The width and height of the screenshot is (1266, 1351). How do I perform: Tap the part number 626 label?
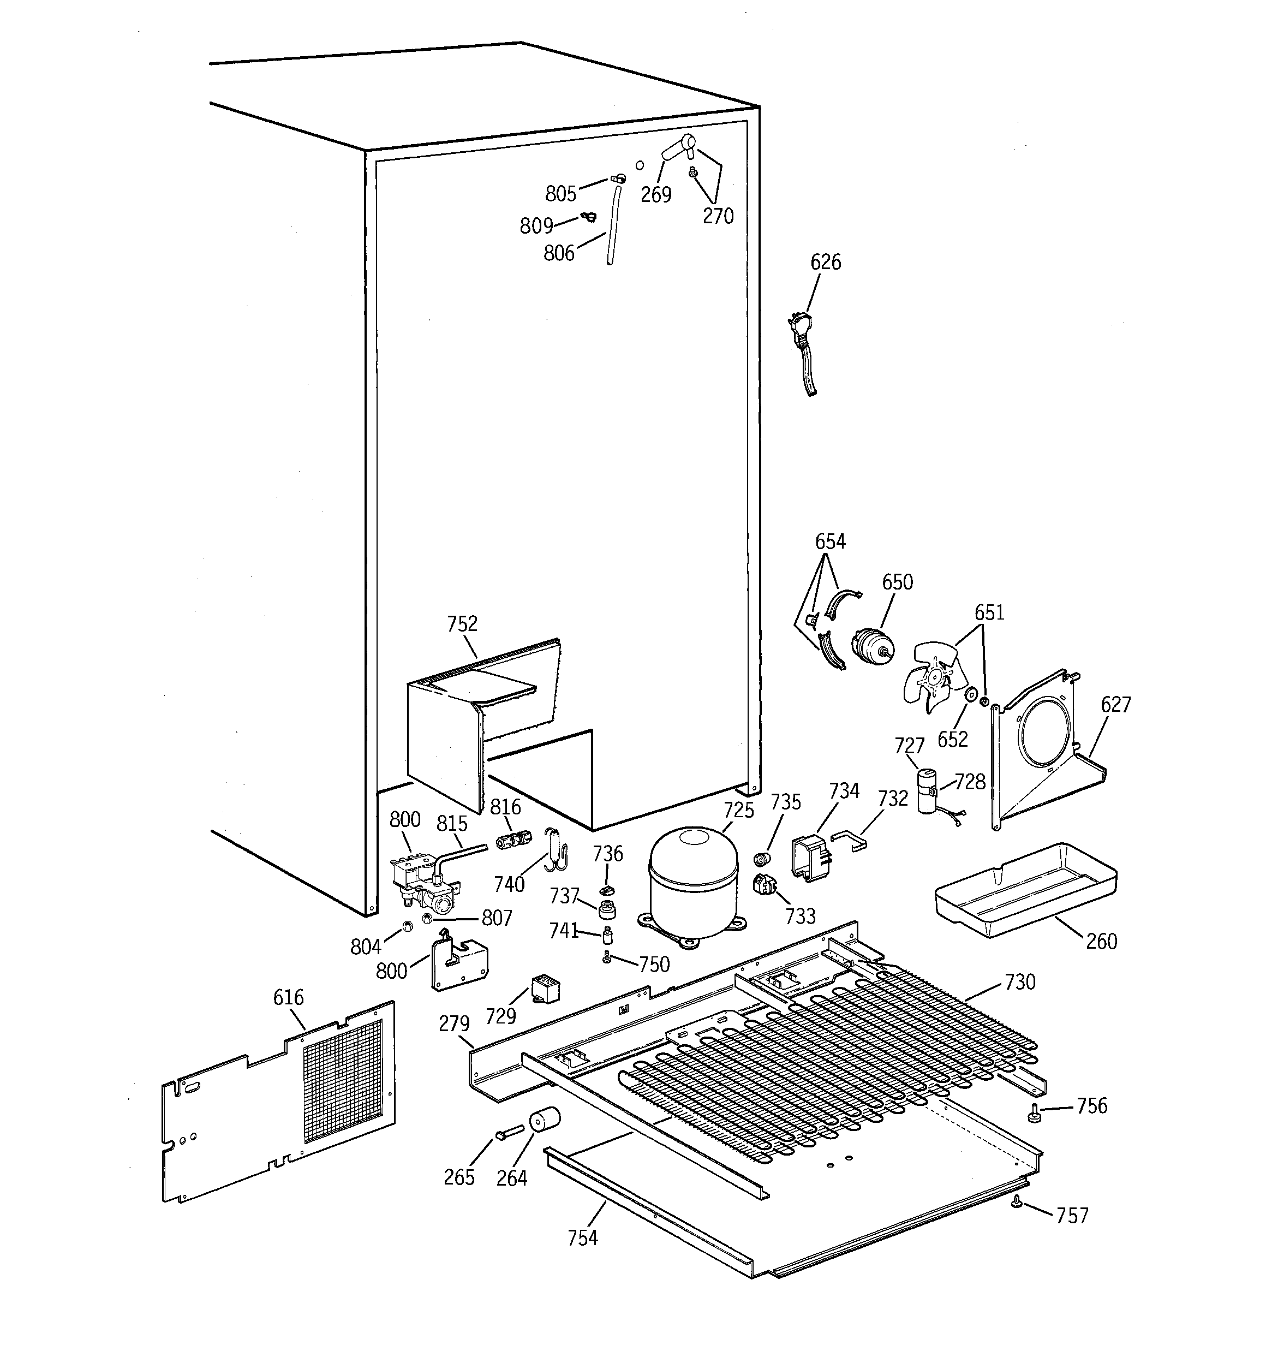[826, 263]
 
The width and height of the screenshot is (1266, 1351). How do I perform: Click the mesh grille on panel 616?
[343, 1081]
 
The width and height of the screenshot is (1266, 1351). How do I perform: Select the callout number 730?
[1019, 982]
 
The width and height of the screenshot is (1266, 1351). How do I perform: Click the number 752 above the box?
[462, 624]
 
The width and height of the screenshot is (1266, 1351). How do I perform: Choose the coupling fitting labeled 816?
[513, 841]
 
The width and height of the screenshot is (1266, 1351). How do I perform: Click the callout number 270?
[718, 216]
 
